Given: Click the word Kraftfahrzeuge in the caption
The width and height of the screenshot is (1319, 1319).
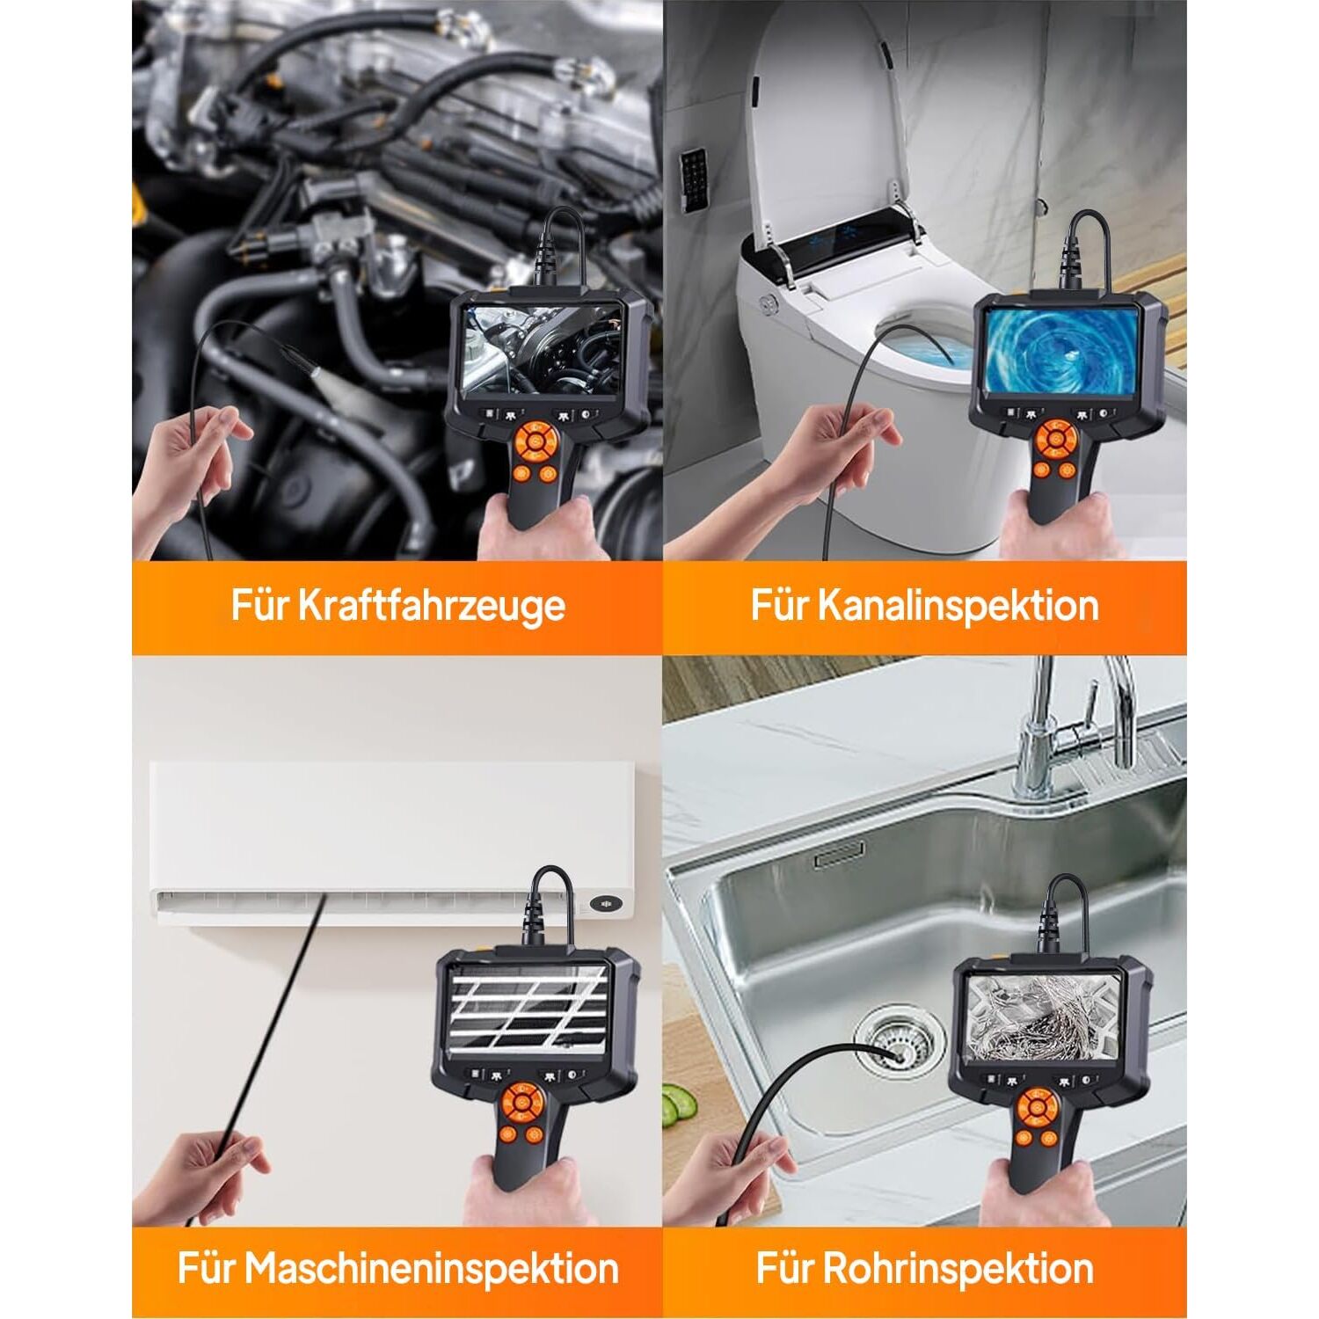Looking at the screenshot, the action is (431, 607).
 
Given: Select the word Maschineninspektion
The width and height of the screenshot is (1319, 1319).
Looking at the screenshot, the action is (432, 1269).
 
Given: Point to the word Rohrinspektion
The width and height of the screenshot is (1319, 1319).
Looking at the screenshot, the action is (958, 1269).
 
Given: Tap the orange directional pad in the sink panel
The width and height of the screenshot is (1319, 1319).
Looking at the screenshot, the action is (1038, 1110).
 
